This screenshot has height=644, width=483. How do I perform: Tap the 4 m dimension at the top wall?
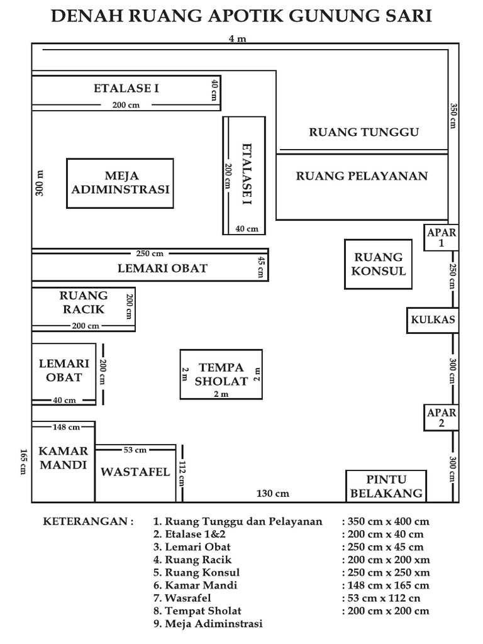pyautogui.click(x=237, y=39)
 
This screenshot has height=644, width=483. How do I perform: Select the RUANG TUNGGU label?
pyautogui.click(x=364, y=132)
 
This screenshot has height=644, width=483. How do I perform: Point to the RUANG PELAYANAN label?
pyautogui.click(x=362, y=176)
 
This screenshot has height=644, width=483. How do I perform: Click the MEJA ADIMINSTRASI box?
pyautogui.click(x=120, y=183)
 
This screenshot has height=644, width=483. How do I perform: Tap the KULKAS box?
pyautogui.click(x=433, y=319)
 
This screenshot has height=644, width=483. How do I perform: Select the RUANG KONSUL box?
pyautogui.click(x=379, y=264)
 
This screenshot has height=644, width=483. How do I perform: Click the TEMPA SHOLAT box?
pyautogui.click(x=220, y=374)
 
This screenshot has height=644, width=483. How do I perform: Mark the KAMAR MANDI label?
pyautogui.click(x=63, y=458)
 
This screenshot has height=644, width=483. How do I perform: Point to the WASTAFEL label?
pyautogui.click(x=136, y=472)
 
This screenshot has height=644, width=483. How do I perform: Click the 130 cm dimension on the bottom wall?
pyautogui.click(x=273, y=494)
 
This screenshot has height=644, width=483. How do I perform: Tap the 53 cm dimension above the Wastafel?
pyautogui.click(x=135, y=450)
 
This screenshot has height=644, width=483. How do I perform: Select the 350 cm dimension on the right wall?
pyautogui.click(x=453, y=116)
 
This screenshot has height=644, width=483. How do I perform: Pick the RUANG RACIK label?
pyautogui.click(x=84, y=302)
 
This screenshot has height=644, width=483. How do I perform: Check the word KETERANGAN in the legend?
pyautogui.click(x=87, y=521)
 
